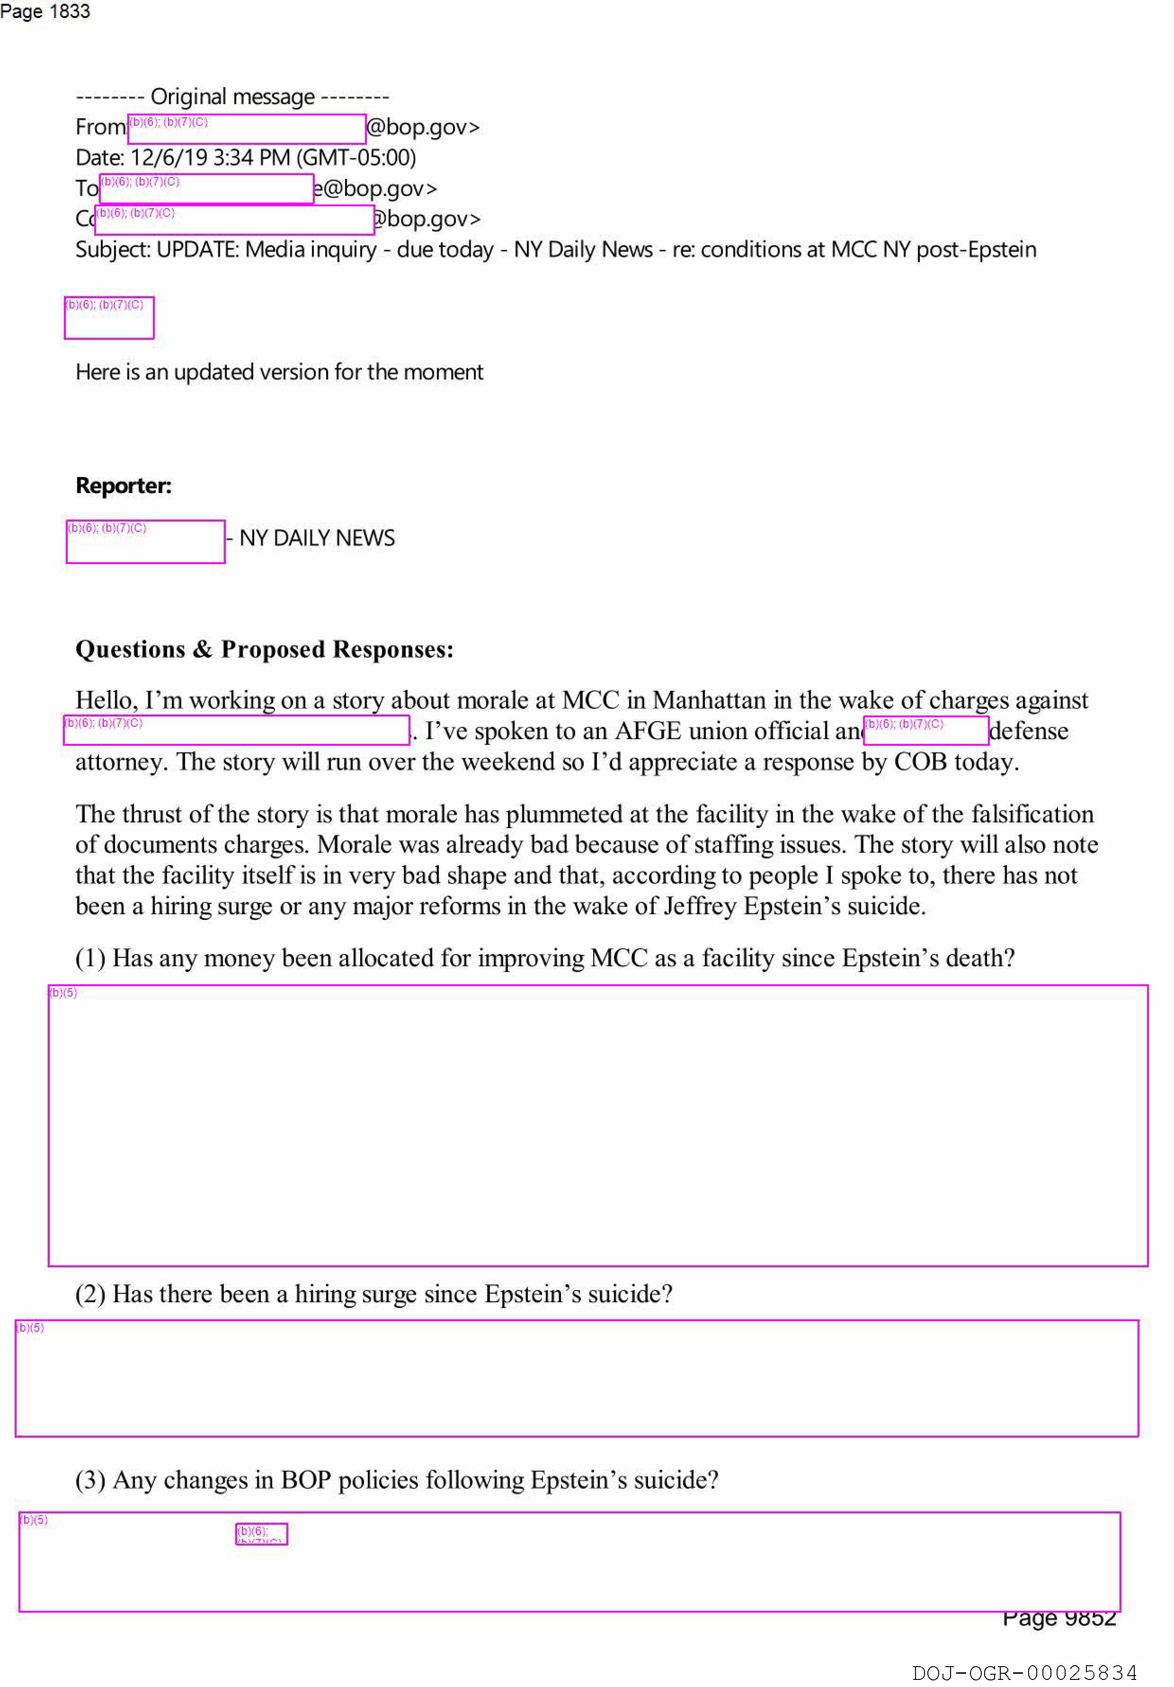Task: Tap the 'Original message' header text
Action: click(x=232, y=96)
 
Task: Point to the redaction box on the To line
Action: click(x=206, y=189)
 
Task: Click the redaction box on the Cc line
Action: click(x=234, y=220)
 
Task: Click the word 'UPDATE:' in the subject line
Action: click(x=198, y=250)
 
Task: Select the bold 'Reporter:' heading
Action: click(x=124, y=486)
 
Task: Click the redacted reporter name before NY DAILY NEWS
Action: click(x=145, y=541)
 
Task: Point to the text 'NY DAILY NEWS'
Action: click(x=317, y=539)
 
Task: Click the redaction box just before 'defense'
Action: click(x=925, y=730)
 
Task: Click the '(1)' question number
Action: click(x=90, y=958)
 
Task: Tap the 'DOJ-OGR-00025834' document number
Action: click(x=1024, y=1673)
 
